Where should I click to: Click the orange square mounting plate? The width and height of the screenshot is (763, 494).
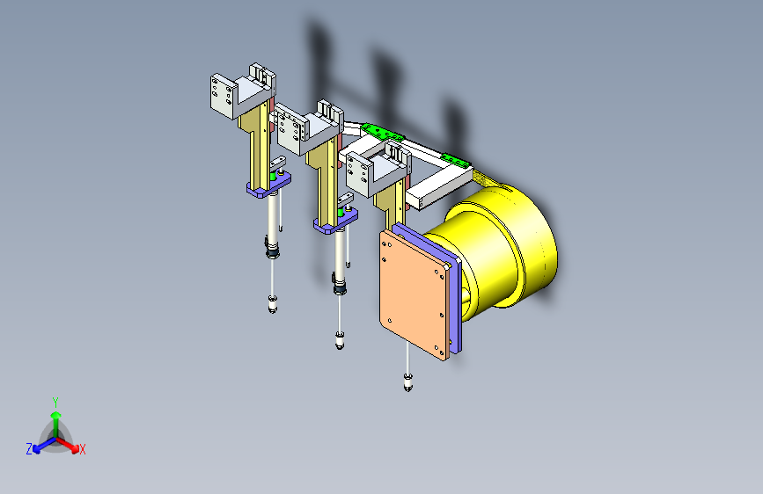tap(414, 294)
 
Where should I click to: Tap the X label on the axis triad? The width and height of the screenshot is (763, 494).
tap(82, 450)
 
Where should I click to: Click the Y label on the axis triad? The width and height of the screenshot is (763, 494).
tap(55, 403)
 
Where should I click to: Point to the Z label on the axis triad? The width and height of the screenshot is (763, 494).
tap(29, 449)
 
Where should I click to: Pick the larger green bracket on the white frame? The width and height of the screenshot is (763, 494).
tap(382, 132)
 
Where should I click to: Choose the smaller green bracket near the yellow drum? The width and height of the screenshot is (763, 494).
tap(456, 161)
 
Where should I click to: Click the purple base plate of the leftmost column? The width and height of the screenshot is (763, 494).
tap(268, 185)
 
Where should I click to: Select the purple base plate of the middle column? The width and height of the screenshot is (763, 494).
tap(336, 221)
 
